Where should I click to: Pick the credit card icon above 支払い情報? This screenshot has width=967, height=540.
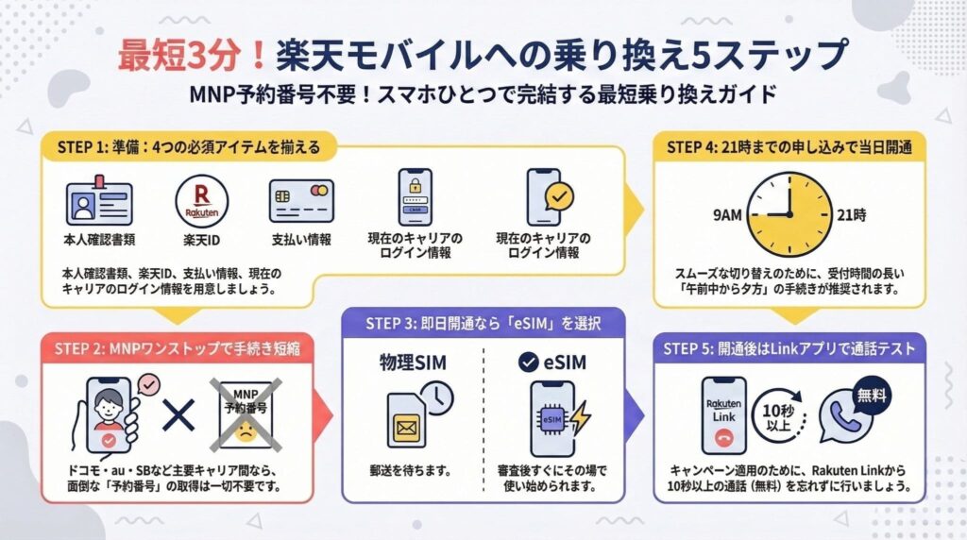point(301,201)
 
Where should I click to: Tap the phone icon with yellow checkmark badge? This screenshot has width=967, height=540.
point(549,197)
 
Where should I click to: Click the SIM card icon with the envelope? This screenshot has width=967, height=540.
point(409,419)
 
